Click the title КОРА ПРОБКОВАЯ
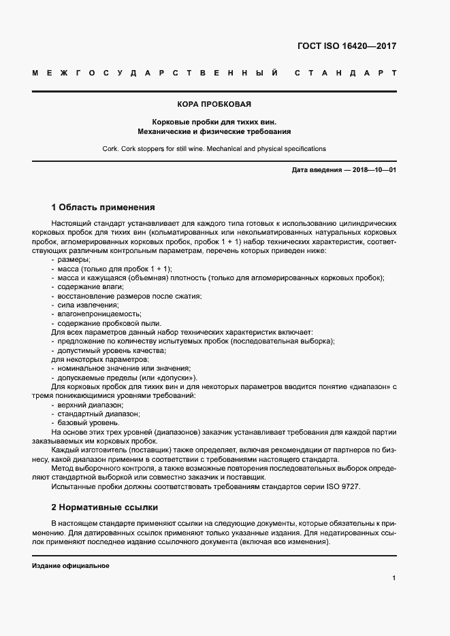(214, 105)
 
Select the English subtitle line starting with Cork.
(214, 148)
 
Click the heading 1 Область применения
(103, 207)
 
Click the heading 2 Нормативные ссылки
(104, 507)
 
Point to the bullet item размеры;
(74, 261)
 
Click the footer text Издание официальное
(70, 566)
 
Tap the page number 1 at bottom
(394, 578)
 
